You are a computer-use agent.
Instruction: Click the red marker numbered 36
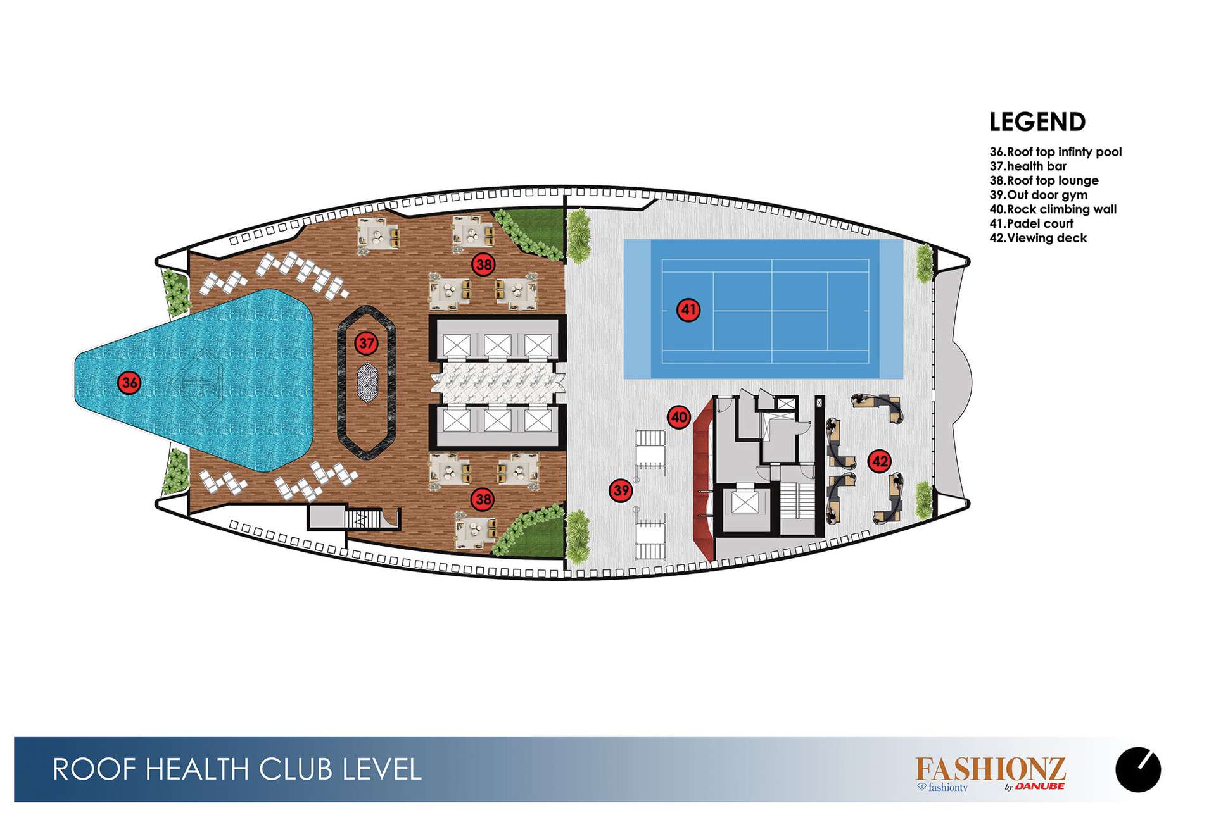(129, 382)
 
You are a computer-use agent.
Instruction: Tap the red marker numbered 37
(366, 344)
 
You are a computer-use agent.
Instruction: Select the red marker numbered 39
(621, 490)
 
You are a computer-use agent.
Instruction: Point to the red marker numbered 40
(679, 418)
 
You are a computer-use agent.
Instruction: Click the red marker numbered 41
(688, 310)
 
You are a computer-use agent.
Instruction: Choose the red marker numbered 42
(880, 461)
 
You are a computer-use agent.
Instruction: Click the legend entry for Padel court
(1032, 223)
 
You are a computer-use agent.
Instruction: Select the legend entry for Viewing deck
(1038, 238)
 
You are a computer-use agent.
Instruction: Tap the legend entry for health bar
(1028, 166)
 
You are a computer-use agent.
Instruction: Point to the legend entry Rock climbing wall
(1053, 209)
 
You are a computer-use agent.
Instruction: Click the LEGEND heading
(1037, 122)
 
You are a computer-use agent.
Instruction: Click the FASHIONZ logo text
(991, 769)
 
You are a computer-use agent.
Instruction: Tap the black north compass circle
(1138, 770)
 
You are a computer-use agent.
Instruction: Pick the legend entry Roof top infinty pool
(1056, 152)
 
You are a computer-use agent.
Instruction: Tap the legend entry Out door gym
(1039, 195)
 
